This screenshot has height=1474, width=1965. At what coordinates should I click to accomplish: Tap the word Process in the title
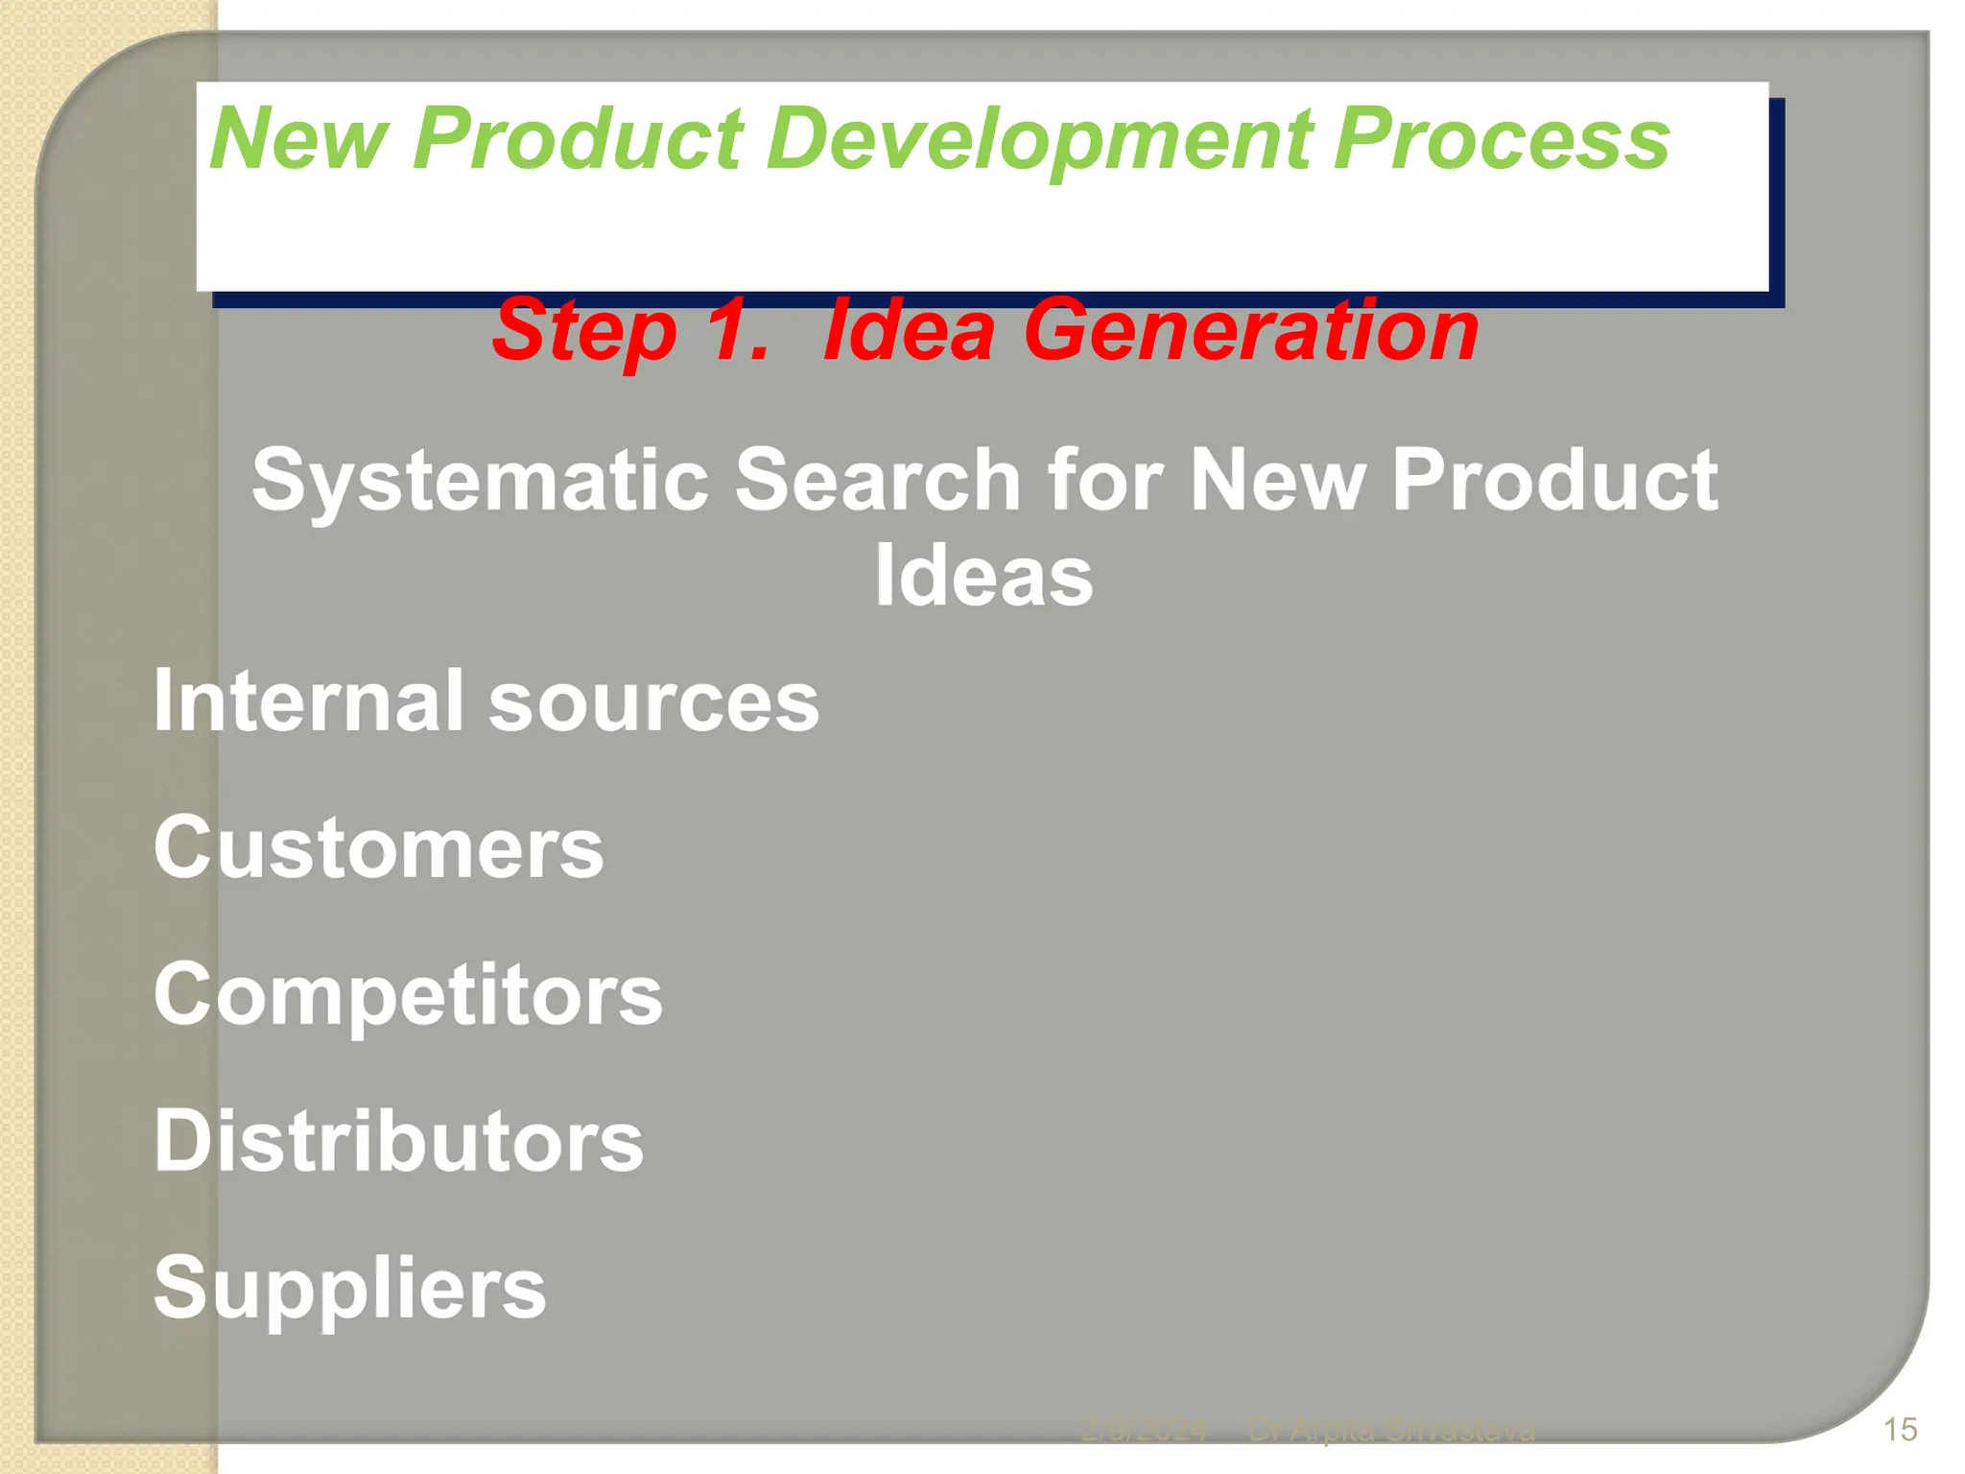[x=1502, y=139]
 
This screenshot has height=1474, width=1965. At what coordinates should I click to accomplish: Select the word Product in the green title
[x=578, y=139]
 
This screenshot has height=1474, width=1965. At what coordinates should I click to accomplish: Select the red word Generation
[x=1251, y=331]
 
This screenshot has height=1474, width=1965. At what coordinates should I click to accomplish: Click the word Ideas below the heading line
[x=983, y=576]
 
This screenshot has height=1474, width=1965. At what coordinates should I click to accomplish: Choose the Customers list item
[x=379, y=848]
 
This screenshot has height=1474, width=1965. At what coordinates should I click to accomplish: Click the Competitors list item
[x=408, y=995]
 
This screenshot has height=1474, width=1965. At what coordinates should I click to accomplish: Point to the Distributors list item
[x=398, y=1141]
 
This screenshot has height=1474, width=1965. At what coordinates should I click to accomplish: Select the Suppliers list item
[x=349, y=1289]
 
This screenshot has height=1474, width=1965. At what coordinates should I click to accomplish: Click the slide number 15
[x=1900, y=1430]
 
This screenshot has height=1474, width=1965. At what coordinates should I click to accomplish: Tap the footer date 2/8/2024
[x=1144, y=1431]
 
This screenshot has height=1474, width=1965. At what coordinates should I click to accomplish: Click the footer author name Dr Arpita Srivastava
[x=1391, y=1431]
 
